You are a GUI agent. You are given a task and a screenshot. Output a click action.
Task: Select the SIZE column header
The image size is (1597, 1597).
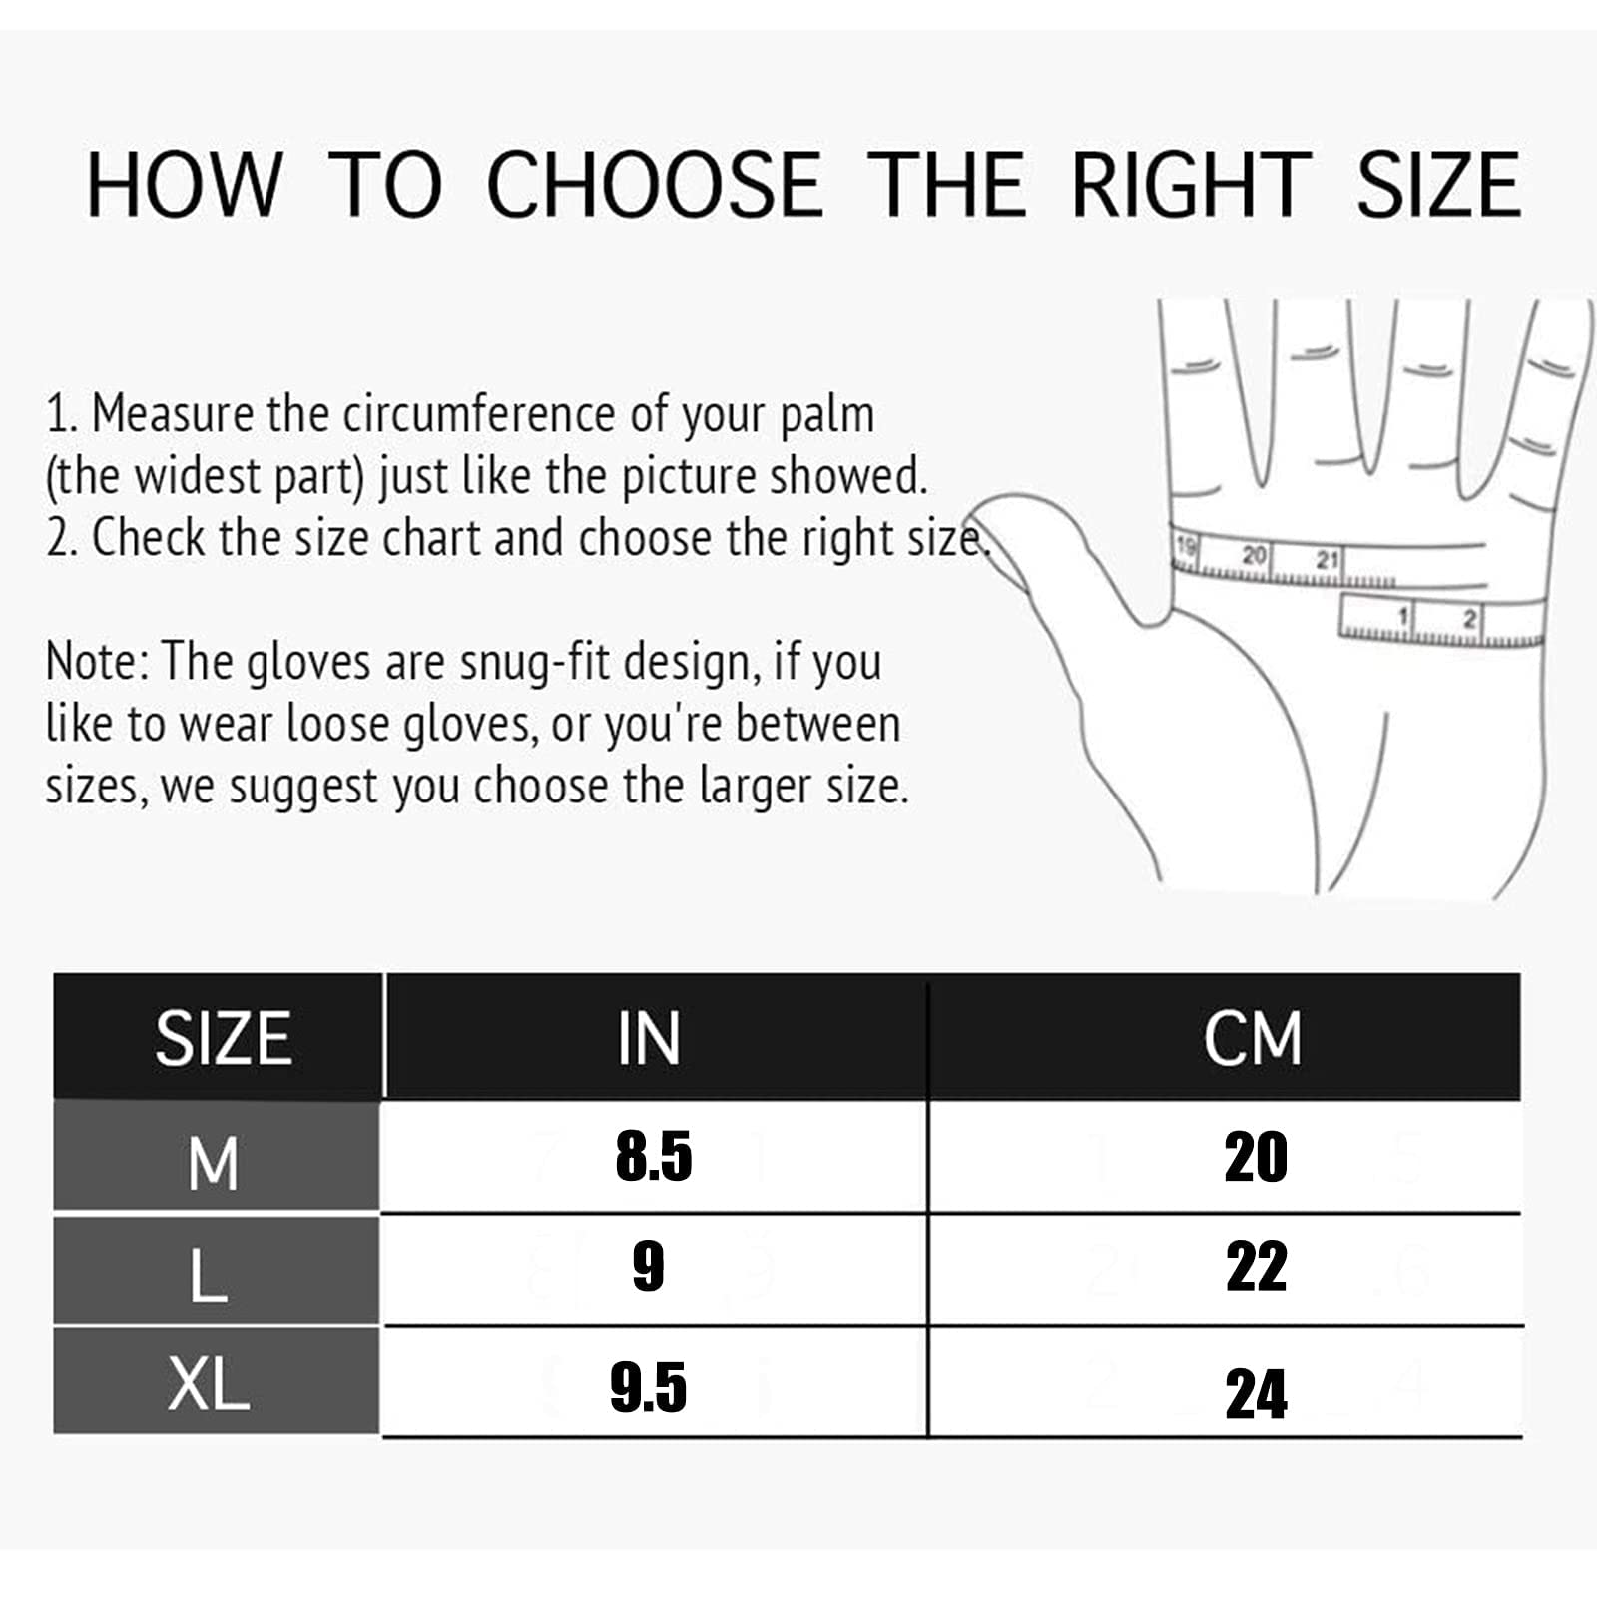(224, 1039)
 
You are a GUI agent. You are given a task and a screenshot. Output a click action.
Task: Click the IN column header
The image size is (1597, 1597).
(649, 1039)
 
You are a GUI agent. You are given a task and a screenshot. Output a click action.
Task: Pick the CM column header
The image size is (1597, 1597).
(1253, 1039)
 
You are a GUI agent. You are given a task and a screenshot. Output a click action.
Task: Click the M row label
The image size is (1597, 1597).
(213, 1163)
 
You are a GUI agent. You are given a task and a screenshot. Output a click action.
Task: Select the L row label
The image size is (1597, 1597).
(209, 1275)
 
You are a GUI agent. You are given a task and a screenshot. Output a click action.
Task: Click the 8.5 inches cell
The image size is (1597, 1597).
(654, 1157)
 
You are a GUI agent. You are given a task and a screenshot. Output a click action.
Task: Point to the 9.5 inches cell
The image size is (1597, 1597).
(649, 1388)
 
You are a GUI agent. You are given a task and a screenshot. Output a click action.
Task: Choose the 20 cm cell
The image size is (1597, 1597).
(1256, 1158)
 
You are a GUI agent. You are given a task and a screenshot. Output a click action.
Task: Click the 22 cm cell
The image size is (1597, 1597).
(1256, 1267)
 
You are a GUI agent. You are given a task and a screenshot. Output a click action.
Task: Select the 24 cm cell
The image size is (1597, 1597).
(1256, 1394)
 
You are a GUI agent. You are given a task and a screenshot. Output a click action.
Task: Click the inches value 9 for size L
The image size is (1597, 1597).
(649, 1267)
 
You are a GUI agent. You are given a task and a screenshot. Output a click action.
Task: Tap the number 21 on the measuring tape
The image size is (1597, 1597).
(1326, 560)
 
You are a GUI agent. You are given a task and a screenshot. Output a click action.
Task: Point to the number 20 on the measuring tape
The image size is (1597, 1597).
(1254, 554)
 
